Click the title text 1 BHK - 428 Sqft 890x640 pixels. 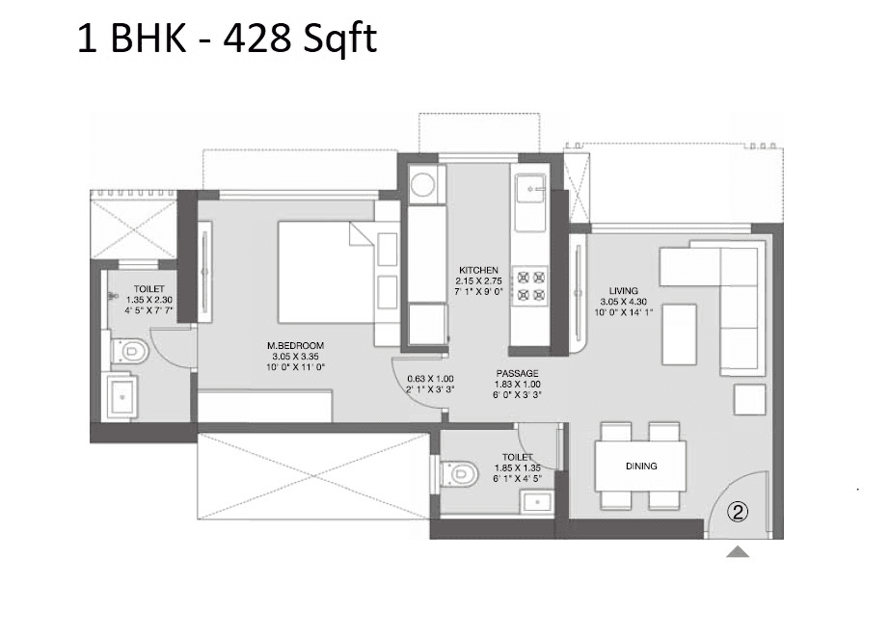click(x=228, y=40)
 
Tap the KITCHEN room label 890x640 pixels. click(x=478, y=270)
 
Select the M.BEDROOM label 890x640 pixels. click(x=296, y=345)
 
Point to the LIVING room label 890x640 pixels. click(x=623, y=289)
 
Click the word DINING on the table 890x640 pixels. click(x=640, y=467)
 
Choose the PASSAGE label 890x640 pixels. click(x=518, y=373)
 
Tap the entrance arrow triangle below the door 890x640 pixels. click(x=738, y=552)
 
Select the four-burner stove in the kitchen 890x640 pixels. click(x=530, y=284)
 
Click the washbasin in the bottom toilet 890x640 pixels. click(x=533, y=501)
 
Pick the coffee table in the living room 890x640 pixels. click(x=679, y=333)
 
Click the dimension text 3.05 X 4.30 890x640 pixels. click(x=623, y=301)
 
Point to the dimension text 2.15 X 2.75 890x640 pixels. click(x=478, y=281)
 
